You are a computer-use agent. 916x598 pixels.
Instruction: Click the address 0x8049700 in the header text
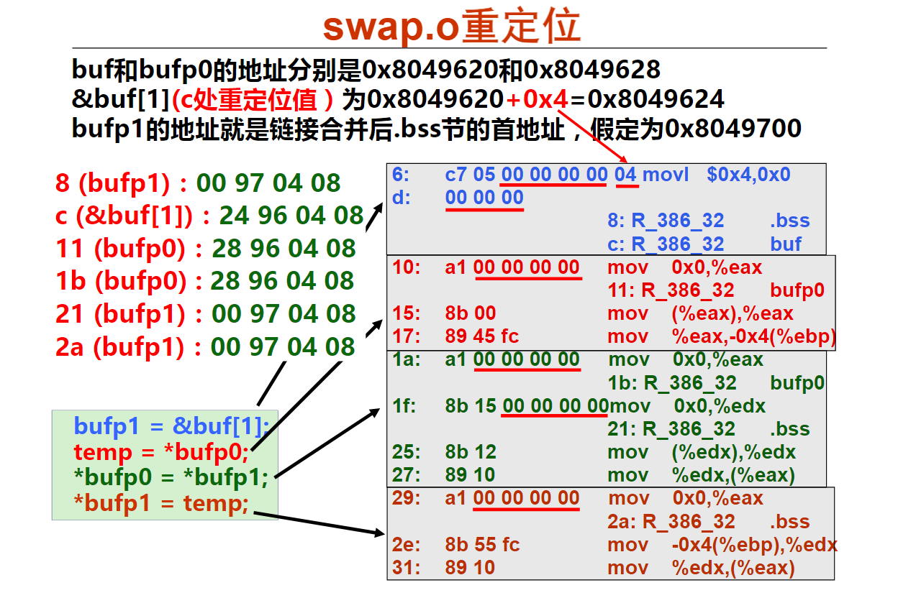tap(733, 128)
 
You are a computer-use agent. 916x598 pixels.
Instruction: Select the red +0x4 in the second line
tap(537, 99)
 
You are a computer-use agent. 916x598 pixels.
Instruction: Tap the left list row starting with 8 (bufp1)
tap(198, 183)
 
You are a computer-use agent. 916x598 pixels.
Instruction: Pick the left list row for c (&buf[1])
tap(209, 215)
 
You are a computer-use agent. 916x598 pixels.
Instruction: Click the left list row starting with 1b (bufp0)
tap(205, 280)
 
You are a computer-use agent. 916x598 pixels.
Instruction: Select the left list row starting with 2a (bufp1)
tap(205, 346)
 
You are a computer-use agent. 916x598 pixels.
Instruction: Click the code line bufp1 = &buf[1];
tap(171, 425)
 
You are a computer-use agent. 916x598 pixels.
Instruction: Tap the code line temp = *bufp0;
tap(161, 452)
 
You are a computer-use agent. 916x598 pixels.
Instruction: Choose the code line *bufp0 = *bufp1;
tap(171, 477)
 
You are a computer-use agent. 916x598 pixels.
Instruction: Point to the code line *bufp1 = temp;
tap(161, 503)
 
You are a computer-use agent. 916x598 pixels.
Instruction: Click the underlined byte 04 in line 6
tap(626, 175)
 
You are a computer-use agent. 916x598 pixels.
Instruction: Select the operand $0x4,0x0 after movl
tap(748, 175)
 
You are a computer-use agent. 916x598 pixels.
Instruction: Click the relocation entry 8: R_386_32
tap(666, 221)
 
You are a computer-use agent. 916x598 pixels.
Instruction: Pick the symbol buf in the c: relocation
tap(786, 244)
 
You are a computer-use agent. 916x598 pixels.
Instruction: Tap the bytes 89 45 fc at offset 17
tap(481, 336)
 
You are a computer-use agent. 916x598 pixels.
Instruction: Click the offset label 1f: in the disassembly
tap(404, 406)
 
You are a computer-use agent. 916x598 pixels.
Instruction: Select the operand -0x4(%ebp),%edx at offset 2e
tap(755, 545)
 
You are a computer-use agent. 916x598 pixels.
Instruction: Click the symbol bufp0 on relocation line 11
tap(797, 291)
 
